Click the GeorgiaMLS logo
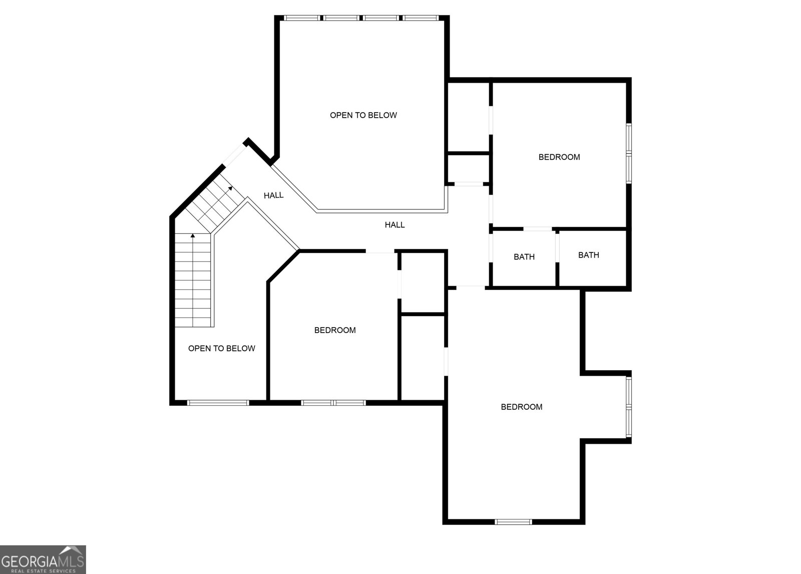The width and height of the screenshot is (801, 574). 43,559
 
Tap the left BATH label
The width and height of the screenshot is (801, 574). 524,257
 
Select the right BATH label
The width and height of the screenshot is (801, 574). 588,255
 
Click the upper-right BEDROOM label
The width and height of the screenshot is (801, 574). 559,157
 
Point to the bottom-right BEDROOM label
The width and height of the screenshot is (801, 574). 521,407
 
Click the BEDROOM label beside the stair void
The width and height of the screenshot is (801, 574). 334,331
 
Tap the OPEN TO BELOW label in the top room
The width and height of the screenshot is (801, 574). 363,115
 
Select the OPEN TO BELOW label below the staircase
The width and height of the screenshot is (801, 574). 221,349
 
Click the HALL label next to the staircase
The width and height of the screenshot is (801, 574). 273,195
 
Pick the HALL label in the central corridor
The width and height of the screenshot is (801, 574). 394,225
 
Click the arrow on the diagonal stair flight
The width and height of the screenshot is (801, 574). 230,188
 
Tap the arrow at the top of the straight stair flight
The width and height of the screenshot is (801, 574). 193,235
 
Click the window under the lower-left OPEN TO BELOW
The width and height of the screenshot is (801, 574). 218,402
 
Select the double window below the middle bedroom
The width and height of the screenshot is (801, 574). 333,402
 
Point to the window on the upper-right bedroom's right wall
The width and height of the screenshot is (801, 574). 629,153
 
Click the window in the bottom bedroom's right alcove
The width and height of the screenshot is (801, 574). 629,407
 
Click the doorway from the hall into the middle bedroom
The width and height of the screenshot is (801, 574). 380,251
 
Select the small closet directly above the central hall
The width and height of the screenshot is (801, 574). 468,169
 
